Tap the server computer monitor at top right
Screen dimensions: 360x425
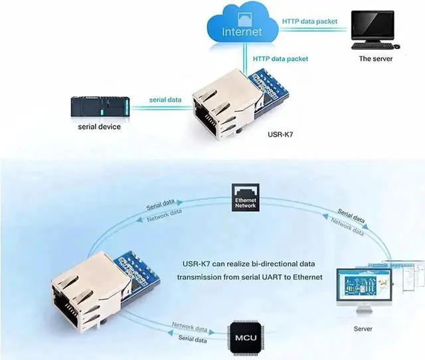pos(376,26)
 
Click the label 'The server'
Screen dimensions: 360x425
pos(375,58)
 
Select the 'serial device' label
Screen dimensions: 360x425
pos(99,126)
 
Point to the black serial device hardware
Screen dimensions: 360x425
pos(99,106)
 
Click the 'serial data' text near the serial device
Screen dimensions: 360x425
pos(165,100)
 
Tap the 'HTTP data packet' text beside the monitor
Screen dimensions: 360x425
pos(309,21)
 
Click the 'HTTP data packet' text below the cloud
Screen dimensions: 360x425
pos(280,58)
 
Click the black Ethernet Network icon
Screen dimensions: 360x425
pos(245,197)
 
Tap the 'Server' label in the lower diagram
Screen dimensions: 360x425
pos(363,329)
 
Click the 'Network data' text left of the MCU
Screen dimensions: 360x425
pos(189,327)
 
